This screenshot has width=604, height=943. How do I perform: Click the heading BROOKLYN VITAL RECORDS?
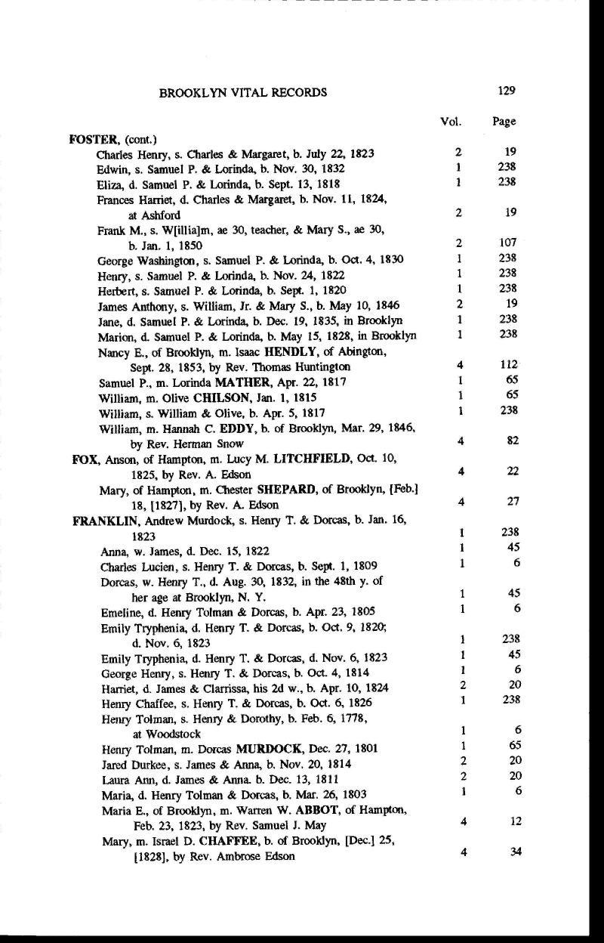(243, 93)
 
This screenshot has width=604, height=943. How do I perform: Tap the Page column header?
(504, 122)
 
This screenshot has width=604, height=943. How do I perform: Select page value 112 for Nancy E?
(507, 366)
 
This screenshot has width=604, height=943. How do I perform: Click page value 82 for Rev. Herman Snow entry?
(510, 442)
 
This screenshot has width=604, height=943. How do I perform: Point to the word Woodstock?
(156, 734)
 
